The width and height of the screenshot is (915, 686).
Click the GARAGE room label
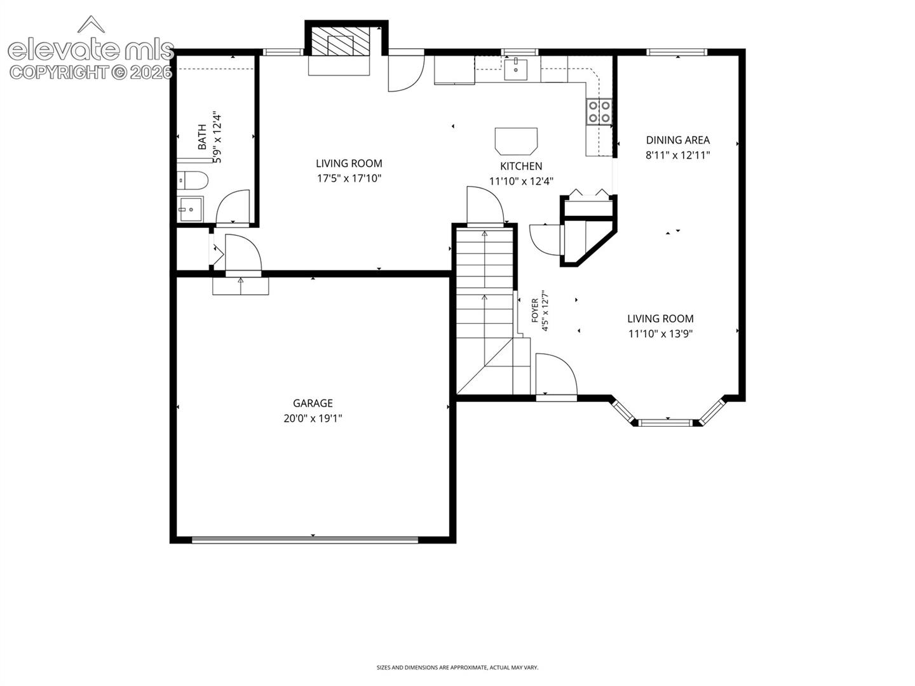(x=313, y=403)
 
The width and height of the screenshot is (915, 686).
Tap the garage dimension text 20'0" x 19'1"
(x=313, y=418)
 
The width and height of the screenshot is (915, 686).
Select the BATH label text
(x=202, y=137)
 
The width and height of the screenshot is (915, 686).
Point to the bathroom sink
(x=191, y=210)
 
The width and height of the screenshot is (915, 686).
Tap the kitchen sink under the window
(x=516, y=69)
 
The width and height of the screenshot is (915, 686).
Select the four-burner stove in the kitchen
(x=599, y=112)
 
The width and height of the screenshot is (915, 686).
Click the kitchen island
(x=516, y=141)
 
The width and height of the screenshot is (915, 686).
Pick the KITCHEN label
(x=521, y=166)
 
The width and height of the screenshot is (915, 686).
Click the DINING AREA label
(x=678, y=140)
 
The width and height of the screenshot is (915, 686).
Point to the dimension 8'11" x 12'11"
(x=678, y=156)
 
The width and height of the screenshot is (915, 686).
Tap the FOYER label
(x=535, y=311)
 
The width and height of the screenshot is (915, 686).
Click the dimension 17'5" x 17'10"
(x=349, y=178)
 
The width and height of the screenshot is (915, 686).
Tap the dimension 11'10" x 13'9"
(x=661, y=333)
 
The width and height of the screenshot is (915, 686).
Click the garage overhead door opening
(x=305, y=540)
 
